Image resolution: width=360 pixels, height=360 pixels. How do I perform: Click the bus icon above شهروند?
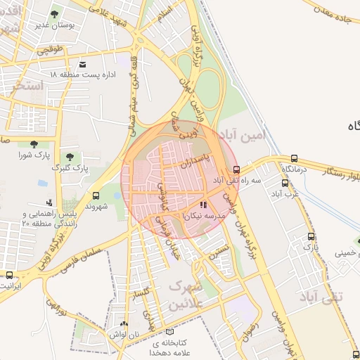click(96, 196)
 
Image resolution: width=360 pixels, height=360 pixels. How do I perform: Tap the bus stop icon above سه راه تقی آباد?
click(236, 169)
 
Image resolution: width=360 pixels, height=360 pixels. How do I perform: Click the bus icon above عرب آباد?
click(284, 182)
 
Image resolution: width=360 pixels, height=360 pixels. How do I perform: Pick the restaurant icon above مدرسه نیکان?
click(204, 206)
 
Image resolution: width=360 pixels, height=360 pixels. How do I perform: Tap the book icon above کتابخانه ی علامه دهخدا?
click(168, 332)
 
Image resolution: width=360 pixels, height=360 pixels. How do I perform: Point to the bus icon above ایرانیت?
click(9, 275)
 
